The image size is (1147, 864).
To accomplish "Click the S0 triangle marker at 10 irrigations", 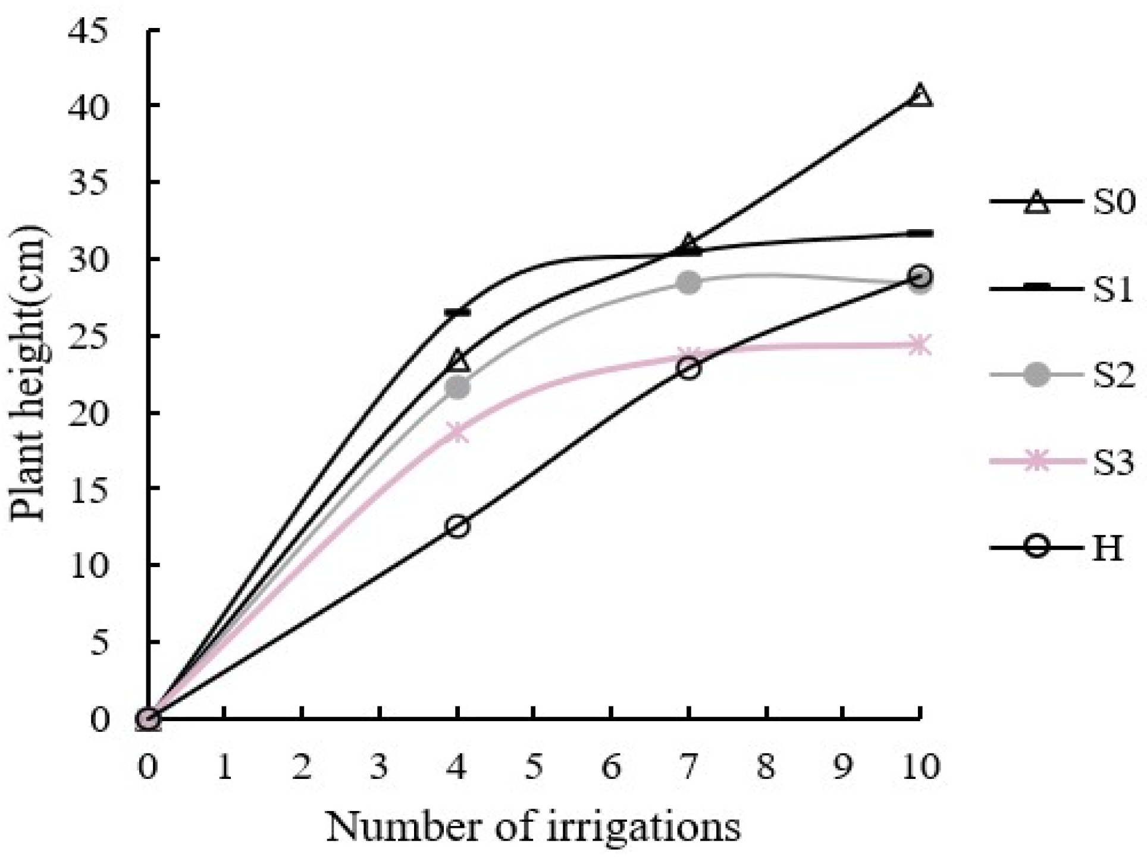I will (x=920, y=96).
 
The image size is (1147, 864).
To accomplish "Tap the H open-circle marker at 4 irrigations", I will (x=457, y=526).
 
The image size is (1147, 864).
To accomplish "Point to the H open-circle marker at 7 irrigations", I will (x=688, y=368).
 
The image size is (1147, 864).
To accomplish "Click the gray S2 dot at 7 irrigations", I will (x=688, y=282).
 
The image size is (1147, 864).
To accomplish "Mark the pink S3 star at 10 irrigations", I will (x=920, y=345).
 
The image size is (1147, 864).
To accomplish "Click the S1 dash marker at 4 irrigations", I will (x=457, y=312).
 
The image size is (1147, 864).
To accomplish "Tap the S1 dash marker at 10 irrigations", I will (x=922, y=233).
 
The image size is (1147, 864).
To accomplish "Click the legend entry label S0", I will (x=1113, y=202).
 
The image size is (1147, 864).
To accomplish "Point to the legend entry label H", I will (x=1107, y=548).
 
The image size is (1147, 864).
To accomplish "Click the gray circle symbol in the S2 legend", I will (x=1037, y=375).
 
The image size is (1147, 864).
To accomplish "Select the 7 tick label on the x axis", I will (x=688, y=766).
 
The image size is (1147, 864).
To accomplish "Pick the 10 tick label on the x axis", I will (x=920, y=766).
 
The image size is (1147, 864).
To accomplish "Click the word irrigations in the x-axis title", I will (x=643, y=828).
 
